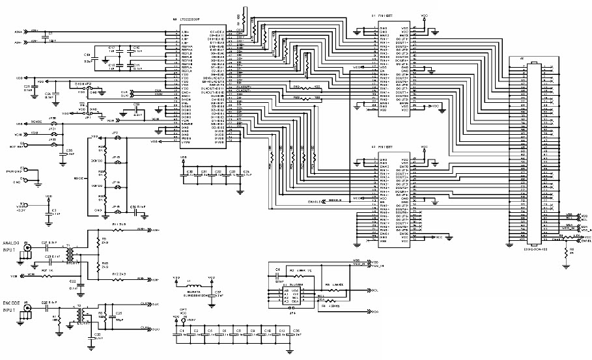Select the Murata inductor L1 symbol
pyautogui.click(x=194, y=286)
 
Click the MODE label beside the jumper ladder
pyautogui.click(x=80, y=176)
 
